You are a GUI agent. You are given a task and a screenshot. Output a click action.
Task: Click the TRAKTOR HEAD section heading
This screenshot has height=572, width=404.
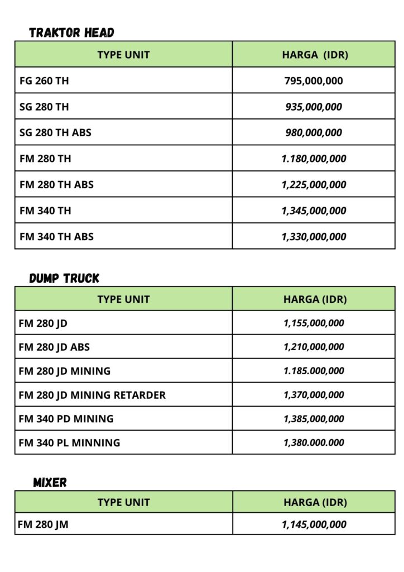[x=71, y=32]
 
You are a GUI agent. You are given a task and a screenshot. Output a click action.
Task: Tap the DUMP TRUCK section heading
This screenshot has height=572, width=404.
[x=64, y=278]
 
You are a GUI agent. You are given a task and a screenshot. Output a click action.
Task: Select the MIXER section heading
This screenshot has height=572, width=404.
[x=50, y=482]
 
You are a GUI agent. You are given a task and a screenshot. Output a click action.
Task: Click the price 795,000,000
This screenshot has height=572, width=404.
[x=314, y=80]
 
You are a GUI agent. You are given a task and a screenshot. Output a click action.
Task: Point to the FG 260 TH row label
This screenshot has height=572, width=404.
[x=44, y=80]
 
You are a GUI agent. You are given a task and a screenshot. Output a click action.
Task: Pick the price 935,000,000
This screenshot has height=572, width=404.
[x=314, y=107]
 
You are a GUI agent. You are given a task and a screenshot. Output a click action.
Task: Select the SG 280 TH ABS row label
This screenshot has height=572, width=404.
[x=55, y=132]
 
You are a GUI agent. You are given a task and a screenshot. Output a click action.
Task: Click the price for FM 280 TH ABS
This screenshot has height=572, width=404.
[x=314, y=184]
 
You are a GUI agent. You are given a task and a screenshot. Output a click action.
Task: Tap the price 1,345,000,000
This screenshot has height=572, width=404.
[x=314, y=211]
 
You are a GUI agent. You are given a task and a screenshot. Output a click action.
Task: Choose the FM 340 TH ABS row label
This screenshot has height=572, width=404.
[x=56, y=236]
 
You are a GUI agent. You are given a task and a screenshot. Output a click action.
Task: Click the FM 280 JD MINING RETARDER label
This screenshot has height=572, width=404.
[x=92, y=395]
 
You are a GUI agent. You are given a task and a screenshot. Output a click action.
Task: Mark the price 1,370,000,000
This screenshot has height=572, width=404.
[x=314, y=395]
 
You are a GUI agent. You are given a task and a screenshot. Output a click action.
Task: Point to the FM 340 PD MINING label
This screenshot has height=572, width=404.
[x=66, y=418]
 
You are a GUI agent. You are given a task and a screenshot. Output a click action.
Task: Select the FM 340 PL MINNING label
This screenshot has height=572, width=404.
[x=69, y=442]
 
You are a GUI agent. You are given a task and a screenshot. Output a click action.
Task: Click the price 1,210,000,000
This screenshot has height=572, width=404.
[x=314, y=347]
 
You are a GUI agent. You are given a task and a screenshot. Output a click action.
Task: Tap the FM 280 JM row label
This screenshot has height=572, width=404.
[x=44, y=524]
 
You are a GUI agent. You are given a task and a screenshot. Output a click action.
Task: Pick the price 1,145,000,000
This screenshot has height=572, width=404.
[x=314, y=524]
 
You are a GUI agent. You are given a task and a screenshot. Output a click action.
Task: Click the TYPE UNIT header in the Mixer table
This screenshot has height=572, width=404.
[x=123, y=502]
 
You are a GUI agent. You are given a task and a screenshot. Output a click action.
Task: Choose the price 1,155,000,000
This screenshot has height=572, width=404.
[x=314, y=323]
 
